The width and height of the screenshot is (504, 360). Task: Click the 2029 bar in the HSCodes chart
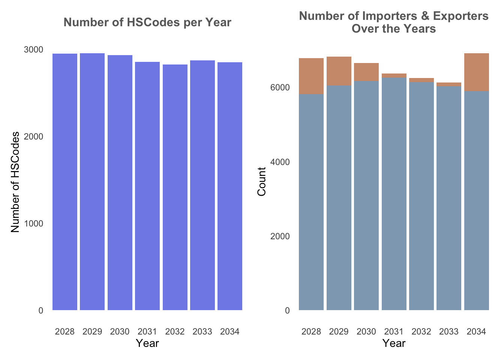(92, 182)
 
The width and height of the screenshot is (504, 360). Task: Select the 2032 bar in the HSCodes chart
(175, 187)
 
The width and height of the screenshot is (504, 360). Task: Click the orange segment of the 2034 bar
(477, 72)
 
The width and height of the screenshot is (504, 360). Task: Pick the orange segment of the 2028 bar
(311, 76)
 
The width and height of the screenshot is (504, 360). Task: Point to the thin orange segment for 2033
(449, 84)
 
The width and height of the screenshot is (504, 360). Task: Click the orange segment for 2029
(339, 71)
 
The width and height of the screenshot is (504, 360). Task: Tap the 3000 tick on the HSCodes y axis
(34, 50)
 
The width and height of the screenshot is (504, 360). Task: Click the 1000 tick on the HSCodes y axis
(34, 223)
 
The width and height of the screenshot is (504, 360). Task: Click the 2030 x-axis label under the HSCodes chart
(120, 331)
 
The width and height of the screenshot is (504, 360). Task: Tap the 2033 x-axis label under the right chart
(449, 331)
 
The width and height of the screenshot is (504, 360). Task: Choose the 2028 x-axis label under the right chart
(311, 331)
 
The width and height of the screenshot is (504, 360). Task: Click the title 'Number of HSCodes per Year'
(147, 22)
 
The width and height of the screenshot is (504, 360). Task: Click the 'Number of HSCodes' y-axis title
(15, 182)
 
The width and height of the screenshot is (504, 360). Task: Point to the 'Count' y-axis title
(262, 181)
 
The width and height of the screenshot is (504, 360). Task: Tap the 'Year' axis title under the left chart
(147, 343)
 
